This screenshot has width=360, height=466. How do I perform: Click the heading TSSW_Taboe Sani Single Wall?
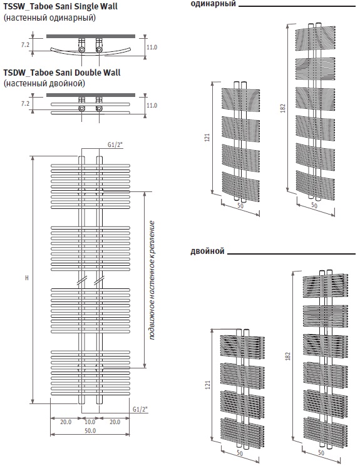tap(60, 6)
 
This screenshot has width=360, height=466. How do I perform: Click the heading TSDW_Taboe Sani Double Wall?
tap(62, 73)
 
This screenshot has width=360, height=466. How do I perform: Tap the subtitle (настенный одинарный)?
tap(49, 18)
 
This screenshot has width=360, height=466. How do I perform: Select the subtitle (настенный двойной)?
tap(44, 83)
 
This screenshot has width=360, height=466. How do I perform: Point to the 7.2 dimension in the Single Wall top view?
tap(25, 45)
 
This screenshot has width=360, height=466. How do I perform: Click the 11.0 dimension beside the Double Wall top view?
tap(152, 106)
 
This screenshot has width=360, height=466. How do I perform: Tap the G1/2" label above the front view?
tap(115, 144)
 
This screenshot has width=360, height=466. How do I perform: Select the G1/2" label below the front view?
tap(140, 409)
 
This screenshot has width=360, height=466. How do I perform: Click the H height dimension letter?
tap(27, 278)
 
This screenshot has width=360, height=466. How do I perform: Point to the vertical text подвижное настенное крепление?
tap(152, 280)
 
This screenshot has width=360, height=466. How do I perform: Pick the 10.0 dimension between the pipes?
tap(90, 422)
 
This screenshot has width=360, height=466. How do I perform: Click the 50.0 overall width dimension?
tap(90, 430)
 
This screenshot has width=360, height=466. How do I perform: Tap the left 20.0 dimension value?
tap(66, 422)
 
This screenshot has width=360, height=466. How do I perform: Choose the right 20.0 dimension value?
tap(115, 422)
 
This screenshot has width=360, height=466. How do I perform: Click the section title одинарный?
tap(213, 4)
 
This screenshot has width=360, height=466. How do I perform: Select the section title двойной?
tap(207, 251)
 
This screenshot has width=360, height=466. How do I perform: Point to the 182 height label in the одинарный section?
tap(283, 108)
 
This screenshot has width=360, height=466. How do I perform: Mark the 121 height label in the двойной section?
tap(208, 385)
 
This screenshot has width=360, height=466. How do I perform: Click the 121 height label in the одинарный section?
tap(207, 138)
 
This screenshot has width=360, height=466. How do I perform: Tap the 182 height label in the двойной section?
tap(288, 357)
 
